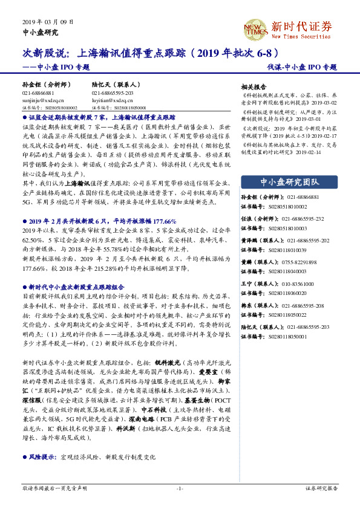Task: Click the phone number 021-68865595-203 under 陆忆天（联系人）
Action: click(112, 93)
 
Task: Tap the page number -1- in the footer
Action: click(180, 488)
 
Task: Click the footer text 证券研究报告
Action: click(321, 488)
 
